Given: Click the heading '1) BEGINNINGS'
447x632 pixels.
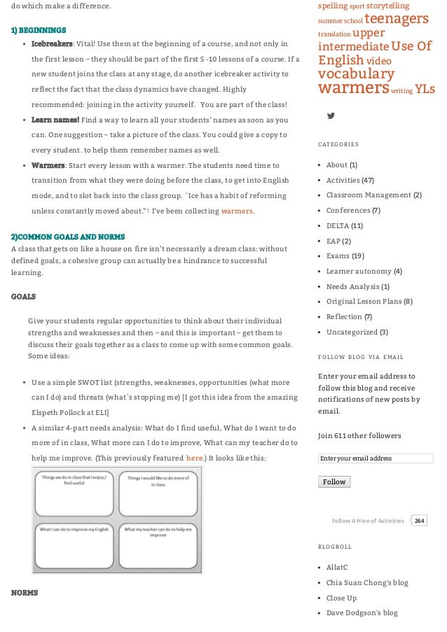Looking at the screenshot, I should tap(39, 31).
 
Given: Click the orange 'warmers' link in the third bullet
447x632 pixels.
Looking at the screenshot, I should tap(237, 211).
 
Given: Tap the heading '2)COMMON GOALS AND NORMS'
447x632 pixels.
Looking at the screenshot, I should tap(68, 237).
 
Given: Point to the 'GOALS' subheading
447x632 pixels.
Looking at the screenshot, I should tap(24, 297).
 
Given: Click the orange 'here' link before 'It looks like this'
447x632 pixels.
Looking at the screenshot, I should tap(194, 458).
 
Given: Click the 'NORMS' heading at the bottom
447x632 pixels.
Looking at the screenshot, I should tap(25, 593).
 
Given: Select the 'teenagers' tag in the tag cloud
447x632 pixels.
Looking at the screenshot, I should tap(396, 19).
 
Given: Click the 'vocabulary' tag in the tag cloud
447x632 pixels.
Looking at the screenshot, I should tap(356, 73).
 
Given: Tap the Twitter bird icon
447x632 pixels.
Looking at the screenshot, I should tap(331, 115).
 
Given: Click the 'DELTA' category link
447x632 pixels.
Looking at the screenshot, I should tap(338, 225).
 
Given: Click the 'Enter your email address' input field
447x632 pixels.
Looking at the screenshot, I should tap(375, 458).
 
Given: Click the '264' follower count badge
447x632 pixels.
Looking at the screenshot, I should tap(419, 521).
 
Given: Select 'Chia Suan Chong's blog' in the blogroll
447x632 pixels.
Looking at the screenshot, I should tap(367, 582).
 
